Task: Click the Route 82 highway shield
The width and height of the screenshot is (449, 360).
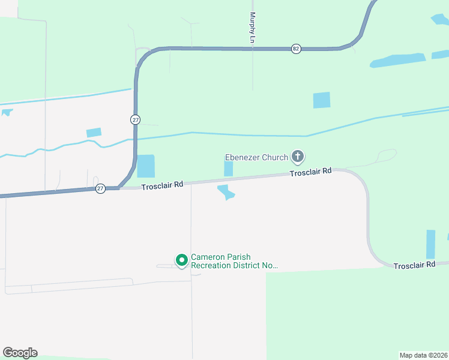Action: point(296,49)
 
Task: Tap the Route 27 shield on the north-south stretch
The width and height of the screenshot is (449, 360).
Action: point(135,120)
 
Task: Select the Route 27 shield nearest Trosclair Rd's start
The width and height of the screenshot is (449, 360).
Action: point(100,188)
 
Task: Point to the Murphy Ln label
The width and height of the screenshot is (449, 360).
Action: point(253,28)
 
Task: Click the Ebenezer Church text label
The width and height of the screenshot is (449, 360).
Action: point(256,158)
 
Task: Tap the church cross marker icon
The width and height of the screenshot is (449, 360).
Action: point(297,157)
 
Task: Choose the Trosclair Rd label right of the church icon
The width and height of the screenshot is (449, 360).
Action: point(310,172)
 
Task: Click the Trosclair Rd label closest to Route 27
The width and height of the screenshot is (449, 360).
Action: point(162,186)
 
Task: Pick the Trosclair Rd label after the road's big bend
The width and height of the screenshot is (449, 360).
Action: point(414,265)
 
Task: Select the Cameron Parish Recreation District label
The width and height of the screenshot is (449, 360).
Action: point(234,261)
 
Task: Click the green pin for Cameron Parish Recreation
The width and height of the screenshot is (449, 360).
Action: point(181,260)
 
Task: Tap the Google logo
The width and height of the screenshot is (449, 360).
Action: point(20,353)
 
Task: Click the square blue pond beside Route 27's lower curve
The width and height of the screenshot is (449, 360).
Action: point(146,166)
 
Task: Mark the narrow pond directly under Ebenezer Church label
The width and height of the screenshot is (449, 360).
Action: point(228,169)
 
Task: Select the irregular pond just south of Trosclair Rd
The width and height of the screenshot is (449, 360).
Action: point(226,193)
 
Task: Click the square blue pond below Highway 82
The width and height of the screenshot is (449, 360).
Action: point(322,100)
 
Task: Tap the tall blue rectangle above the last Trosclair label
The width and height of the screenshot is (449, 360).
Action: point(430,244)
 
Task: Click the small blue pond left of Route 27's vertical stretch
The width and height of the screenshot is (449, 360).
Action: point(94,133)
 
